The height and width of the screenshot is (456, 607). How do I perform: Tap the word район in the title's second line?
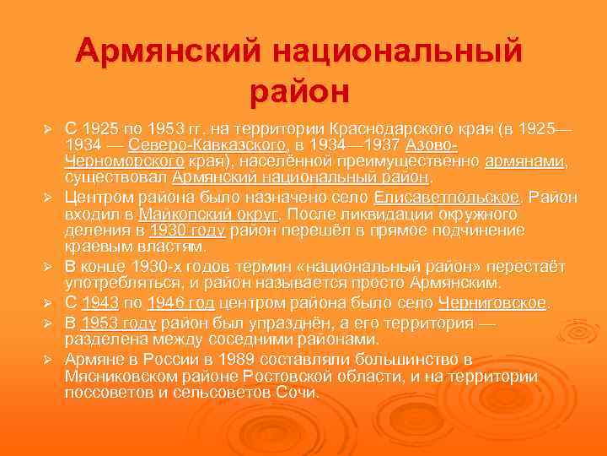pyautogui.click(x=299, y=89)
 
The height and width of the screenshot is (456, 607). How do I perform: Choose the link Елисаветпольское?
pyautogui.click(x=446, y=198)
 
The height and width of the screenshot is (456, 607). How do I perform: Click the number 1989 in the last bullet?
pyautogui.click(x=239, y=357)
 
